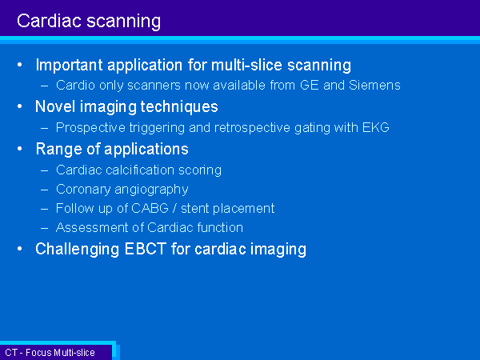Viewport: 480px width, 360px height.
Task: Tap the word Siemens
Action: pyautogui.click(x=374, y=85)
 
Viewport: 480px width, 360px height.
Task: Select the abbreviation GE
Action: pyautogui.click(x=310, y=85)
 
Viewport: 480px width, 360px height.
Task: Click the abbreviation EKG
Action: pyautogui.click(x=376, y=127)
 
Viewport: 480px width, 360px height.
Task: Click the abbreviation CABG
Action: pyautogui.click(x=150, y=208)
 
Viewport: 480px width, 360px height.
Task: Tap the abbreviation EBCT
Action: pyautogui.click(x=146, y=249)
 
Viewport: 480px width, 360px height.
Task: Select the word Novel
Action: pyautogui.click(x=55, y=106)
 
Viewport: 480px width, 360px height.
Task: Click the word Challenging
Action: pyautogui.click(x=77, y=249)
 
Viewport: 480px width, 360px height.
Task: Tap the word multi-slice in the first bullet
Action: pyautogui.click(x=246, y=65)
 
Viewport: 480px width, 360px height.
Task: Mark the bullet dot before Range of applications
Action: pyautogui.click(x=20, y=149)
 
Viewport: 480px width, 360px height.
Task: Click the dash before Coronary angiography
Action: pyautogui.click(x=44, y=190)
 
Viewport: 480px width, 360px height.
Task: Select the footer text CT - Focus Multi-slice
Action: pyautogui.click(x=50, y=353)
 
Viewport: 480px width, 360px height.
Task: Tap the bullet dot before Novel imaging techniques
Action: pyautogui.click(x=20, y=106)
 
